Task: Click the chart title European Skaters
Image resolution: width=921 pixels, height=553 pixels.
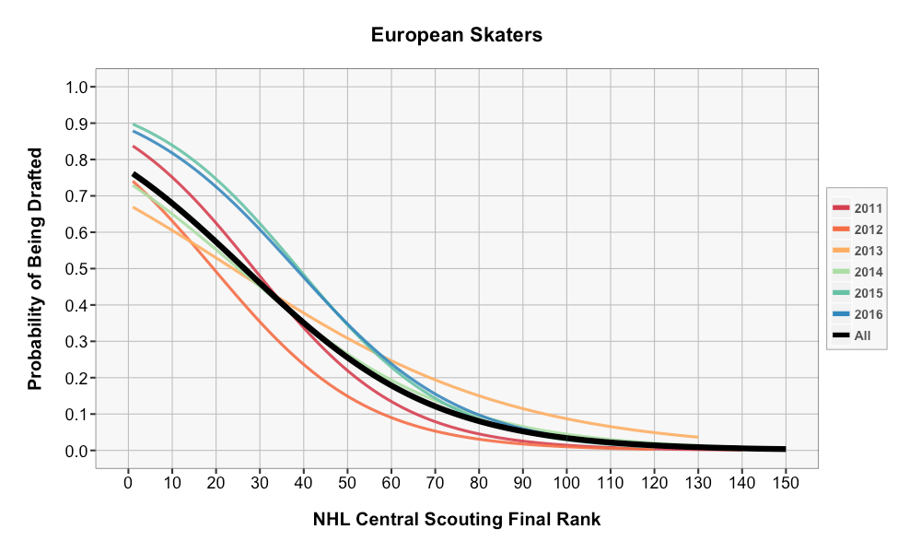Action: (x=457, y=36)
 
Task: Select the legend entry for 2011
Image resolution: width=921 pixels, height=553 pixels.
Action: (x=857, y=208)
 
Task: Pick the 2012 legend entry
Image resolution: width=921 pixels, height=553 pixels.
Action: (x=857, y=229)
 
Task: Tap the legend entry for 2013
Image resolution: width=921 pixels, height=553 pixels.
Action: (x=857, y=251)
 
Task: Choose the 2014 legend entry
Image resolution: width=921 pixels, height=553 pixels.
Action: (x=857, y=272)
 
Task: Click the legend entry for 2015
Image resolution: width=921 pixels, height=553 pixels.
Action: (x=857, y=293)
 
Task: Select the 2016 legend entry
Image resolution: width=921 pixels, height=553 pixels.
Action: (x=857, y=314)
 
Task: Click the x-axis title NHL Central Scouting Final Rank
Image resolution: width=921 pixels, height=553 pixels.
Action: (x=457, y=520)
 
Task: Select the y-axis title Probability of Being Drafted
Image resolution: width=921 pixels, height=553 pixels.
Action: (x=36, y=268)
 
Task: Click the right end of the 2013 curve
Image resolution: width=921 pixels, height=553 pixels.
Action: (x=697, y=437)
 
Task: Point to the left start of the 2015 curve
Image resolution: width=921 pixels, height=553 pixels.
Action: (x=134, y=124)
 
